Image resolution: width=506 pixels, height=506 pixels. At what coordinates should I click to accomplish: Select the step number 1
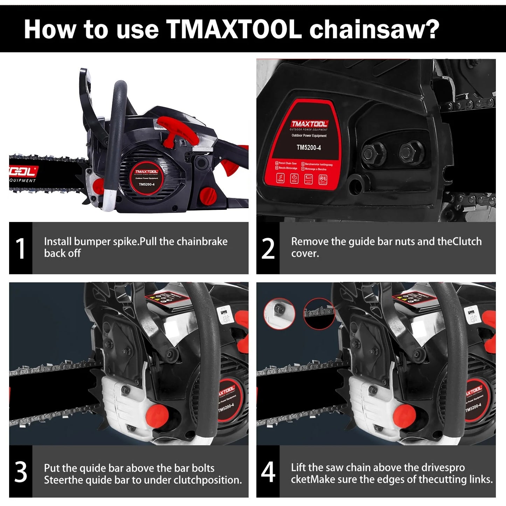pos(21,248)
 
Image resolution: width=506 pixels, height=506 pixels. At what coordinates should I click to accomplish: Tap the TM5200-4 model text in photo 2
pos(309,147)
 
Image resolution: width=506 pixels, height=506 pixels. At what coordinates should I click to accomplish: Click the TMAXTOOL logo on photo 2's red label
pos(309,124)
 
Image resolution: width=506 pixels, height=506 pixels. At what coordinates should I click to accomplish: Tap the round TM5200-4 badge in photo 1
pos(147,179)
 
